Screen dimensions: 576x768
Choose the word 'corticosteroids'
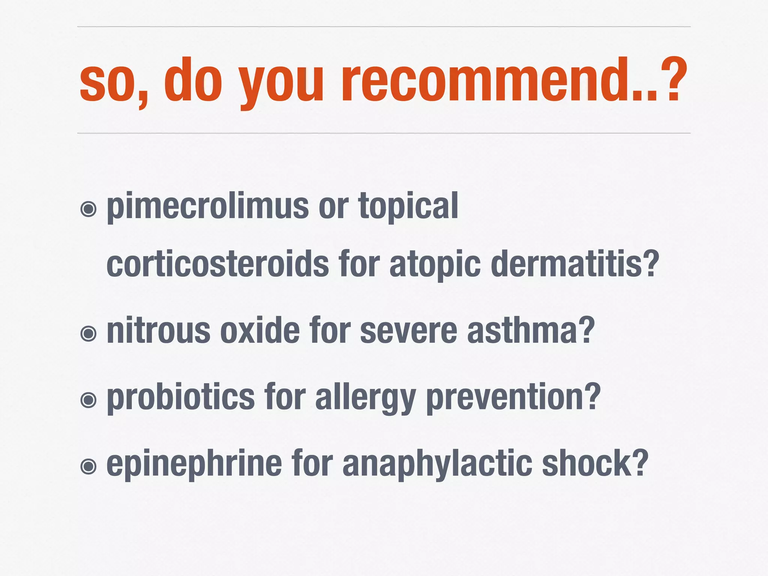[x=217, y=264]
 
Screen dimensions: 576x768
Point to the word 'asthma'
[x=525, y=331]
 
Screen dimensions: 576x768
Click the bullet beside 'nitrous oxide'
[x=89, y=333]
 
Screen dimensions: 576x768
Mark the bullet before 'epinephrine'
[x=89, y=466]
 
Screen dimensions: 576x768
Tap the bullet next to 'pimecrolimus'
[x=89, y=209]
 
